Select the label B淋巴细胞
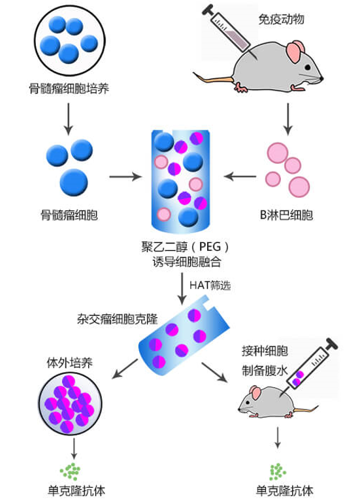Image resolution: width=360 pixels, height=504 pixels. (x=286, y=214)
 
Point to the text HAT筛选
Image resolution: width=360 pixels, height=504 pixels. (x=210, y=285)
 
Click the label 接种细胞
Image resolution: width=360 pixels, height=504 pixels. (x=259, y=350)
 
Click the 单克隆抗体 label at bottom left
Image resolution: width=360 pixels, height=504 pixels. (x=74, y=490)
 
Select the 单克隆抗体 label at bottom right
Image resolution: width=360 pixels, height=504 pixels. (x=279, y=490)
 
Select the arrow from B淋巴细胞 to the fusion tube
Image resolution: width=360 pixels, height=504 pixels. (x=240, y=176)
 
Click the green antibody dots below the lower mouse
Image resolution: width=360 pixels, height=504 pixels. (x=278, y=469)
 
